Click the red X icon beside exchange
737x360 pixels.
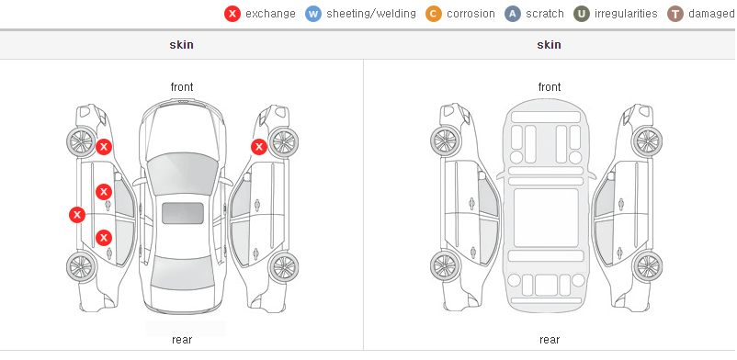tap(232, 14)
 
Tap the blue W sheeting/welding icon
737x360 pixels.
tap(313, 14)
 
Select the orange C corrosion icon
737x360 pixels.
tap(434, 14)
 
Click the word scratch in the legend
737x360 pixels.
tap(545, 14)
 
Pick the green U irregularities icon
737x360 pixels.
tap(582, 14)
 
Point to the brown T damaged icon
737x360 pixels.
tap(675, 14)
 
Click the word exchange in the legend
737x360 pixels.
tap(270, 14)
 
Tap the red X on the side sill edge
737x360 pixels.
tap(77, 215)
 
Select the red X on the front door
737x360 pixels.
tap(104, 192)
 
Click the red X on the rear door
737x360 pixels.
tap(104, 238)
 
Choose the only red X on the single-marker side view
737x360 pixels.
tap(258, 147)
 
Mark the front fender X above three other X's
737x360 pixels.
tap(104, 147)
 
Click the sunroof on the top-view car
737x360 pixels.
tap(183, 213)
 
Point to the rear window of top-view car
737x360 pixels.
tap(182, 273)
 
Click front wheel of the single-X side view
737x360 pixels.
tap(283, 142)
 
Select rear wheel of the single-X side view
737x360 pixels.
tap(283, 267)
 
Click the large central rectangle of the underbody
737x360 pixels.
tap(546, 218)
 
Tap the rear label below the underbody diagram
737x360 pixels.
tap(550, 340)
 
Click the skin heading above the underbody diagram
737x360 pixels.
tap(549, 45)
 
